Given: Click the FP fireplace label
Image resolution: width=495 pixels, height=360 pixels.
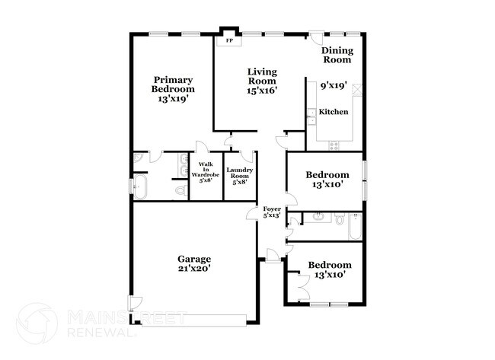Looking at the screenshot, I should click(228, 40).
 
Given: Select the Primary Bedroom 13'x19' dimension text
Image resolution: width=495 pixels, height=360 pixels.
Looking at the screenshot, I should click(173, 98).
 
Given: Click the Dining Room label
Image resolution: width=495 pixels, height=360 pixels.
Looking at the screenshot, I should click(337, 55).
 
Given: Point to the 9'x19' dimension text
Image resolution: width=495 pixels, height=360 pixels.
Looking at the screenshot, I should click(334, 86).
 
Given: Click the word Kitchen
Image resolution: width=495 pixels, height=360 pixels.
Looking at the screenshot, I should click(334, 112).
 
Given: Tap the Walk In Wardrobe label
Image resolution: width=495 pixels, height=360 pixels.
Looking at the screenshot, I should click(206, 173).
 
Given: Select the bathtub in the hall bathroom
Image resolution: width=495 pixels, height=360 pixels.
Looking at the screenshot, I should click(354, 226).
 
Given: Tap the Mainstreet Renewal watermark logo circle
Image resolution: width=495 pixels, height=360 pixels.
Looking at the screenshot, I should click(37, 323).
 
